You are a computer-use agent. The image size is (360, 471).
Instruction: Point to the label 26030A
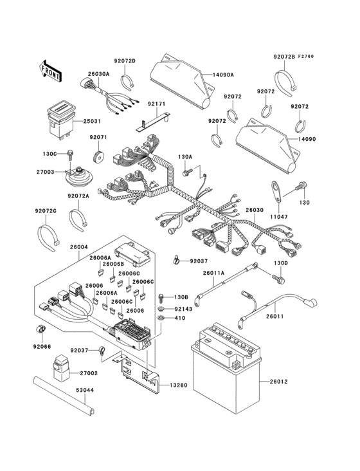[x=100, y=74]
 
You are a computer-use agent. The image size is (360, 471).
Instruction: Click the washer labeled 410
[x=160, y=318]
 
